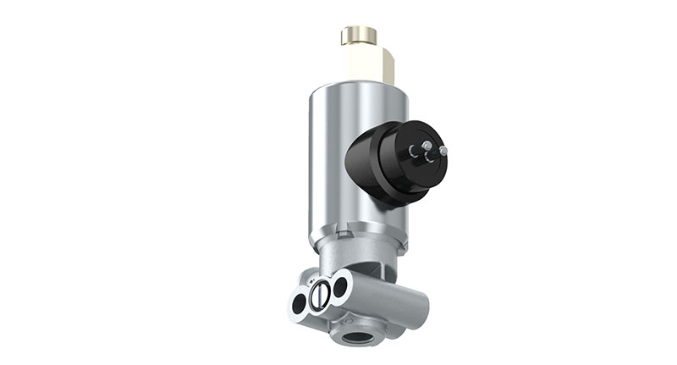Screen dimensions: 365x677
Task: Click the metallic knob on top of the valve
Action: tap(358, 36)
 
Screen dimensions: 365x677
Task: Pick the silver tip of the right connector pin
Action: tap(444, 151)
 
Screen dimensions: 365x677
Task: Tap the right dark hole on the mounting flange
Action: tap(339, 286)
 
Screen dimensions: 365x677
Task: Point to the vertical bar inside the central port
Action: tap(319, 294)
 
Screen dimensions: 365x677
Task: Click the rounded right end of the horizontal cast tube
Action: tap(420, 297)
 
